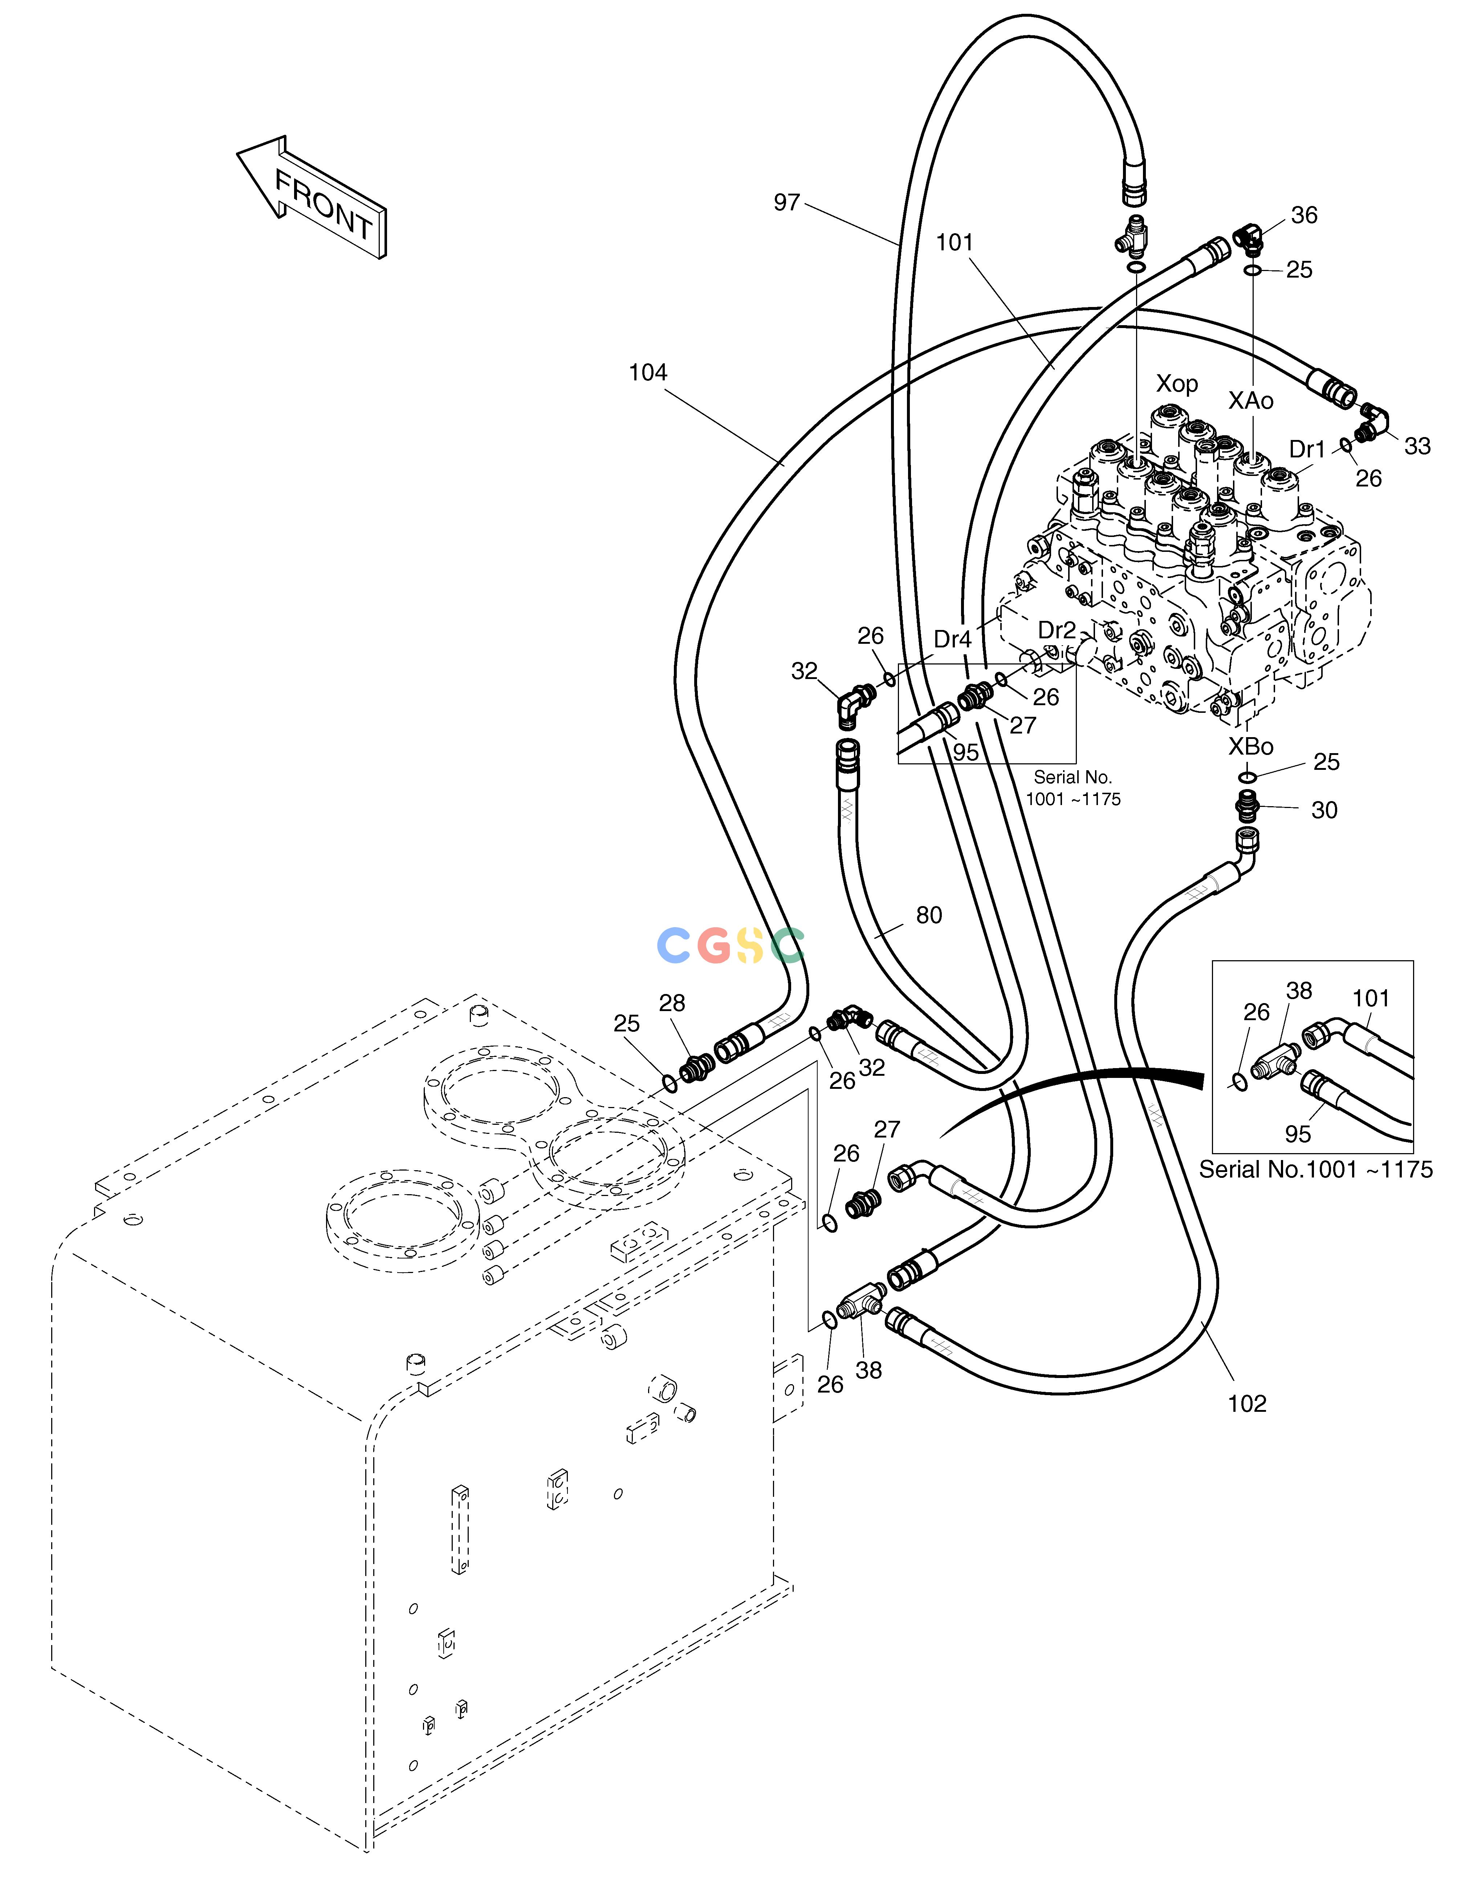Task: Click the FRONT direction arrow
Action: tap(312, 197)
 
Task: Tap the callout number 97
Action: tap(787, 203)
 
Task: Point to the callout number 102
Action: tap(1247, 1403)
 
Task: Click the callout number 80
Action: tap(929, 915)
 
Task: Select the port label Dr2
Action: tap(1057, 630)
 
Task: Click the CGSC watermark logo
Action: tap(731, 945)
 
